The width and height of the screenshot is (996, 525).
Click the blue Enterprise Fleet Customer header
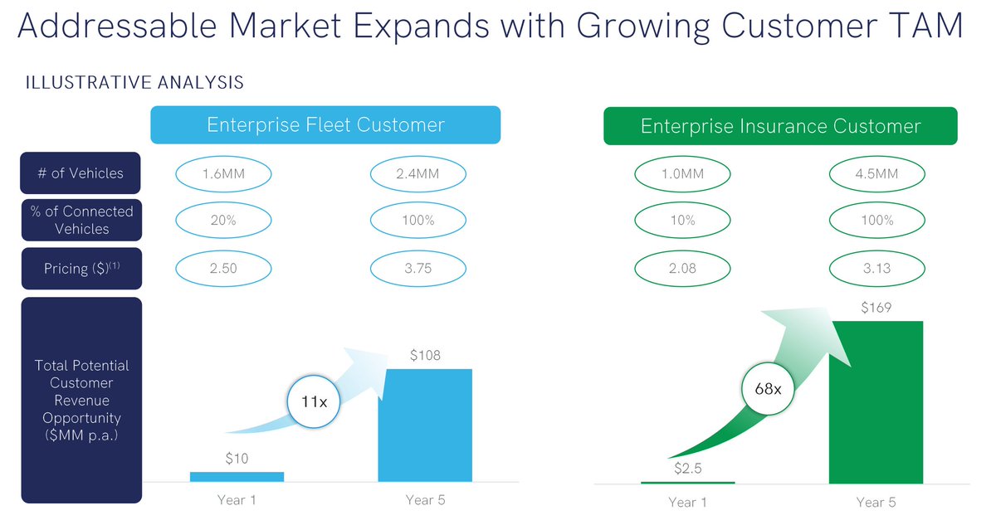[325, 125]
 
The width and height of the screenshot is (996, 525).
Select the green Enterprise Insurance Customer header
[780, 126]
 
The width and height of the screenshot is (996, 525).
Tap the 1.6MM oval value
[224, 174]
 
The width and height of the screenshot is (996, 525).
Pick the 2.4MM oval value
[417, 174]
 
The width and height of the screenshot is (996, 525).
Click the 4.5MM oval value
[876, 174]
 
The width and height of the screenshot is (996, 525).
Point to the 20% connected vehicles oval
[224, 221]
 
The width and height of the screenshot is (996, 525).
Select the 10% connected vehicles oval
[682, 221]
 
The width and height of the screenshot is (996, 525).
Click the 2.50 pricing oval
[224, 268]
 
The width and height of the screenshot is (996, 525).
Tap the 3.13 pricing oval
[876, 268]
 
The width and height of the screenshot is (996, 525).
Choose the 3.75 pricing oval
[417, 268]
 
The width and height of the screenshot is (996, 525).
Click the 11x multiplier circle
[314, 402]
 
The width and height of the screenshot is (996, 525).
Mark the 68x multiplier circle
[767, 388]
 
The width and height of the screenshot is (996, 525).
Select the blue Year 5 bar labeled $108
[425, 425]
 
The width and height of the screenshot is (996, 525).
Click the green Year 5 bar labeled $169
[876, 401]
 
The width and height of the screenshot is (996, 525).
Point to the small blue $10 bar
[237, 476]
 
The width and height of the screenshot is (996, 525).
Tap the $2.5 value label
[688, 469]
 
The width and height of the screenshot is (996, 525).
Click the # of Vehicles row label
[81, 174]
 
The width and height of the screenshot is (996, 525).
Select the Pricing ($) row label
[81, 268]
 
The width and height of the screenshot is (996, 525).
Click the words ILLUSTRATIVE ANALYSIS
[134, 83]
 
